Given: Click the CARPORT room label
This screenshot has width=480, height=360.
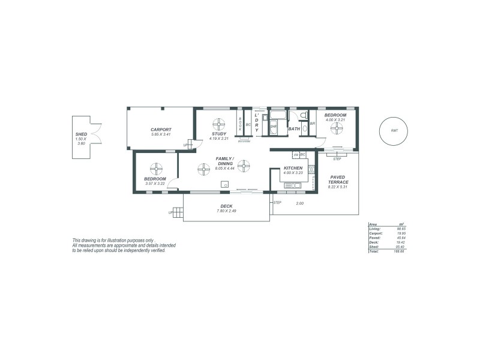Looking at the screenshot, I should pyautogui.click(x=161, y=129).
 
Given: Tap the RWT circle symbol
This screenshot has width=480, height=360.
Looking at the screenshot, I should pyautogui.click(x=394, y=130).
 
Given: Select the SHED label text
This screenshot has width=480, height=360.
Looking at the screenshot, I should pyautogui.click(x=81, y=134).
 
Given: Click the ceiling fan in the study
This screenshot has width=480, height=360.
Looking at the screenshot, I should pyautogui.click(x=219, y=124).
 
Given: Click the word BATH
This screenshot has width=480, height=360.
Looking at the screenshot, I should pyautogui.click(x=293, y=129).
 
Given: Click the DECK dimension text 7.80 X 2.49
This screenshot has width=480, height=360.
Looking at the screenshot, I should pyautogui.click(x=226, y=211).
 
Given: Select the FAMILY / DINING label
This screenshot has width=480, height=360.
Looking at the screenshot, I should pyautogui.click(x=224, y=161).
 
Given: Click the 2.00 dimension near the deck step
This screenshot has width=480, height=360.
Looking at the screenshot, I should pyautogui.click(x=300, y=203).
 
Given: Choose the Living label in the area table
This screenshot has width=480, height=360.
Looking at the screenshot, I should pyautogui.click(x=374, y=229).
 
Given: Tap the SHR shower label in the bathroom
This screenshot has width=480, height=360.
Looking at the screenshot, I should pyautogui.click(x=273, y=127).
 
